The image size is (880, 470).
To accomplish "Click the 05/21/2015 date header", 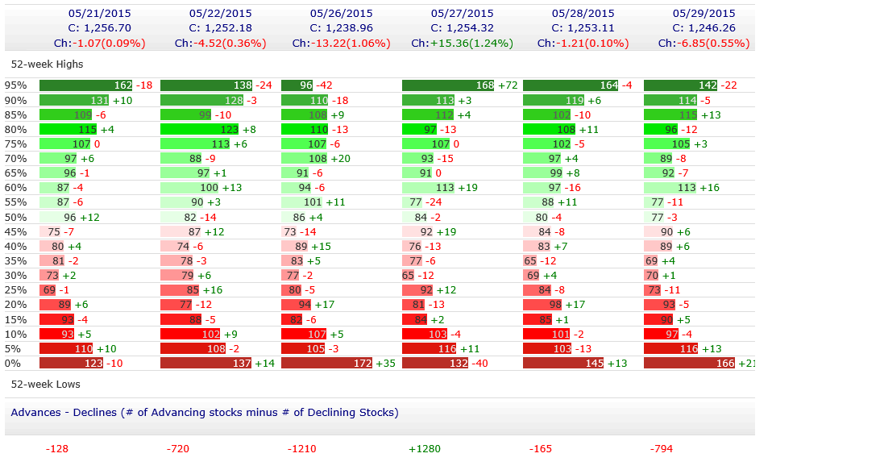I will pyautogui.click(x=100, y=13).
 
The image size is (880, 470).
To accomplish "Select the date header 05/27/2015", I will pyautogui.click(x=462, y=13).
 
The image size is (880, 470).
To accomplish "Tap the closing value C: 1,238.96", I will pyautogui.click(x=342, y=27).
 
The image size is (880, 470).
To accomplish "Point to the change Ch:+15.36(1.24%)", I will pyautogui.click(x=462, y=43).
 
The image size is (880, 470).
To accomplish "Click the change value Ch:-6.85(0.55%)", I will pyautogui.click(x=704, y=43).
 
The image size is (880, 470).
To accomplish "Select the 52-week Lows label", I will pyautogui.click(x=45, y=384).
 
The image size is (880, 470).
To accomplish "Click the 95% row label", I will pyautogui.click(x=16, y=85).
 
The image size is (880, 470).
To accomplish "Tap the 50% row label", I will pyautogui.click(x=16, y=217).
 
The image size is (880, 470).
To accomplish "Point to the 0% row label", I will pyautogui.click(x=14, y=364).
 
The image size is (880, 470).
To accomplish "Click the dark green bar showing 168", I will pyautogui.click(x=448, y=85).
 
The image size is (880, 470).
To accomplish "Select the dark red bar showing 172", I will pyautogui.click(x=327, y=364).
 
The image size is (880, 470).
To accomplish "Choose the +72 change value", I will pyautogui.click(x=508, y=85).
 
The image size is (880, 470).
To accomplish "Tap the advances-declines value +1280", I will pyautogui.click(x=425, y=448).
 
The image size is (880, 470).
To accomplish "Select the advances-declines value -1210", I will pyautogui.click(x=303, y=448).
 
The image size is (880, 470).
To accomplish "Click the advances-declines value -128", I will pyautogui.click(x=57, y=448).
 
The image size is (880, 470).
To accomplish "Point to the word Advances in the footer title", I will pyautogui.click(x=35, y=412).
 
